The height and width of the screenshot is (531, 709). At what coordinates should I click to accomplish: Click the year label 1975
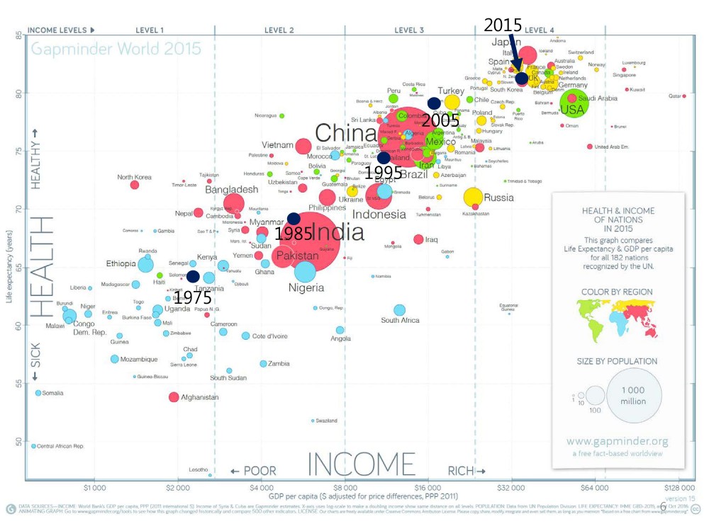[192, 298]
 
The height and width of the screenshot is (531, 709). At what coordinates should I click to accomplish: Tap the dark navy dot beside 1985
[294, 219]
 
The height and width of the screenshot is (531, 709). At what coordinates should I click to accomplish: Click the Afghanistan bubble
[174, 397]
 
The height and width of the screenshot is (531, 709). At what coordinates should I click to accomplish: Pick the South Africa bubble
[399, 310]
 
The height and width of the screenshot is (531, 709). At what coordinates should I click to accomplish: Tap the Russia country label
[499, 198]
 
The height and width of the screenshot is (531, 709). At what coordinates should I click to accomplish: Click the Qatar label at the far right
[674, 96]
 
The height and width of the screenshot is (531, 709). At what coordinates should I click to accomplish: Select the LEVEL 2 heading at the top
[279, 30]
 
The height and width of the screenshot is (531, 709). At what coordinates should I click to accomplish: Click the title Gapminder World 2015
[116, 50]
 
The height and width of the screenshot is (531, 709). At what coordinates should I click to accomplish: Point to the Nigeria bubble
[305, 272]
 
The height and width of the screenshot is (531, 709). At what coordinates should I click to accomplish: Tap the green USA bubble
[574, 104]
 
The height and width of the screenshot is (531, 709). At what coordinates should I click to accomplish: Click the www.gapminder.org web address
[617, 440]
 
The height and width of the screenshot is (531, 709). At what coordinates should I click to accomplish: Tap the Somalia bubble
[38, 393]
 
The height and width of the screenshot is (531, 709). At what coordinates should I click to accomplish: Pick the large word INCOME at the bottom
[360, 464]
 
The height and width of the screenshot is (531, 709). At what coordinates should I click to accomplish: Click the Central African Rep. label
[60, 447]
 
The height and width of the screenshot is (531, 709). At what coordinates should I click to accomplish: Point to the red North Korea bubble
[135, 185]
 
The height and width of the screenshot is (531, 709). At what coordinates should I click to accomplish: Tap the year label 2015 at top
[503, 25]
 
